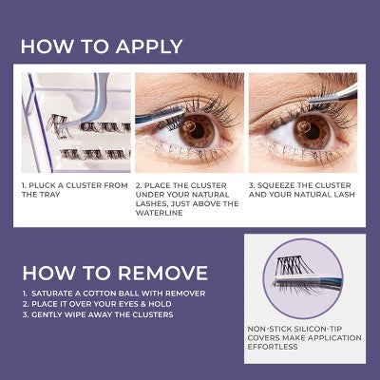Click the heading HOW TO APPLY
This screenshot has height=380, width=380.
pyautogui.click(x=102, y=47)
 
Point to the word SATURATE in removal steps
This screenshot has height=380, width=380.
pyautogui.click(x=55, y=293)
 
